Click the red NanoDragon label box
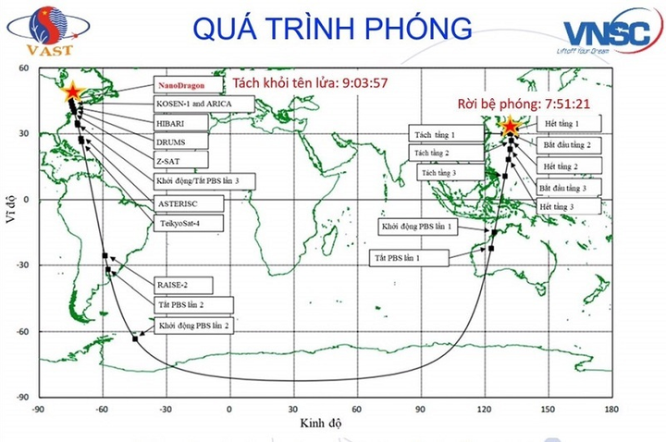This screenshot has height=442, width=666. coord(182,84)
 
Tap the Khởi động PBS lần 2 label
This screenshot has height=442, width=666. coord(193,325)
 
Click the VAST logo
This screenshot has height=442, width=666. coord(36,32)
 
